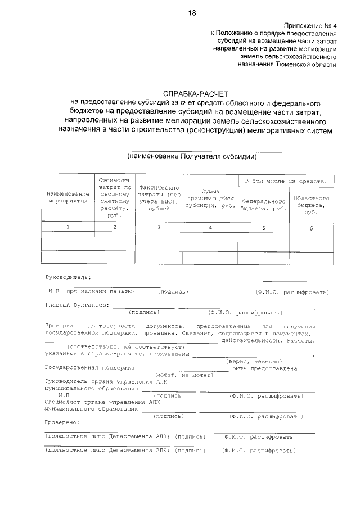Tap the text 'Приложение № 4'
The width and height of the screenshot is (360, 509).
[310, 26]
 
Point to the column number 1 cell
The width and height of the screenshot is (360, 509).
[68, 227]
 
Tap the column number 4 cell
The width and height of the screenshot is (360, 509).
[210, 227]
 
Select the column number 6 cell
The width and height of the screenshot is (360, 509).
[311, 227]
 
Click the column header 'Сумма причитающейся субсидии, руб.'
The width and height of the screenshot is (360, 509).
[210, 199]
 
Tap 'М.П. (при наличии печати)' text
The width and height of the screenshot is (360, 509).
[91, 291]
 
